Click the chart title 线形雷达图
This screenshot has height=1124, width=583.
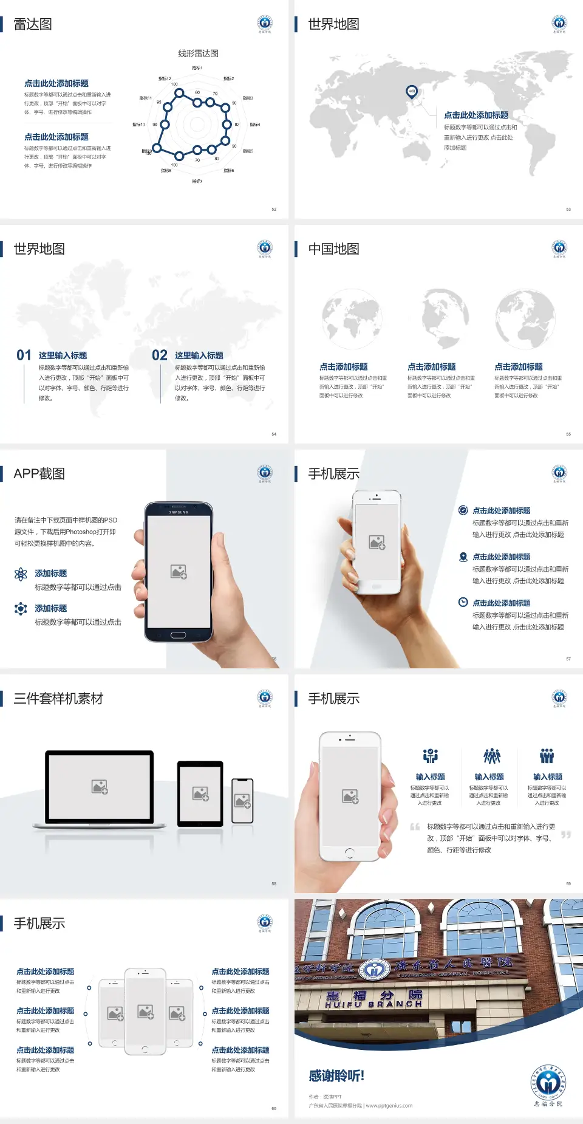click(198, 53)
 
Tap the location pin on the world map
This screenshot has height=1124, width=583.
click(411, 92)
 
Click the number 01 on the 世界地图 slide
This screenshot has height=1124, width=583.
click(24, 355)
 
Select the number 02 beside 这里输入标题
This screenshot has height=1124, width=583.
click(159, 355)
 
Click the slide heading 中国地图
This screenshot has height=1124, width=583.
click(333, 249)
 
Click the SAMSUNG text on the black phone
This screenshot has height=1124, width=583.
click(179, 512)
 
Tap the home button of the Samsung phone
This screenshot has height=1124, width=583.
click(178, 635)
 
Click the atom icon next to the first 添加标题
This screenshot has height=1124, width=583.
click(21, 574)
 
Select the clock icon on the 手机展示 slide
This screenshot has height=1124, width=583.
click(463, 602)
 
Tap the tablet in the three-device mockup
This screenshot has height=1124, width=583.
click(200, 793)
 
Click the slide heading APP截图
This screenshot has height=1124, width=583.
click(39, 474)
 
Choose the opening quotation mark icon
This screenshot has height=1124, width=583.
click(415, 827)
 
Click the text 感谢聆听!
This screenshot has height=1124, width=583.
click(336, 1076)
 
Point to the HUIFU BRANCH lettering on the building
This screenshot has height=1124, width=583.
click(373, 1004)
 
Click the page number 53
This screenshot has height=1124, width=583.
click(568, 209)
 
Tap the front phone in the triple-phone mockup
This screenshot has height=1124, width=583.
click(145, 1012)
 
